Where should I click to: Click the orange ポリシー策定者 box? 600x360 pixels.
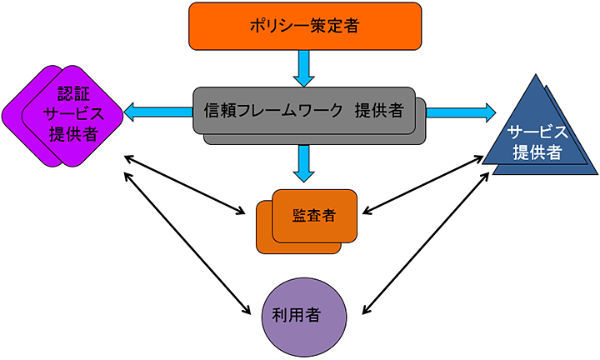(303, 26)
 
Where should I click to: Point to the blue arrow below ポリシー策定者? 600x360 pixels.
(304, 67)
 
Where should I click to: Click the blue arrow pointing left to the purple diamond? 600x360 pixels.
(158, 110)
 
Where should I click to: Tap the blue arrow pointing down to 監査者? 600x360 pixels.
(304, 163)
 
